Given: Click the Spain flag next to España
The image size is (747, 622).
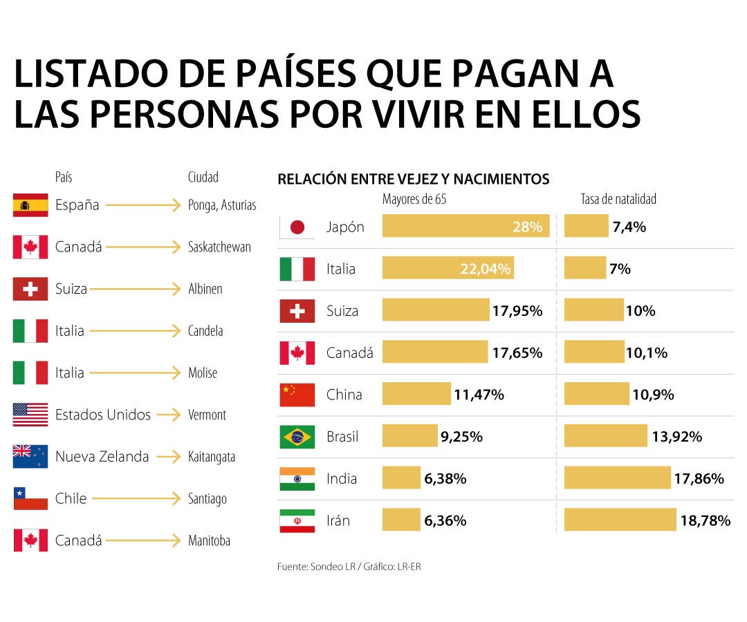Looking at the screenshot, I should pyautogui.click(x=30, y=205).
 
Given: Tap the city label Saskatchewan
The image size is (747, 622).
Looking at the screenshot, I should pyautogui.click(x=219, y=247).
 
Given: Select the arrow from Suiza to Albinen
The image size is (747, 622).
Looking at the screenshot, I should pyautogui.click(x=134, y=290).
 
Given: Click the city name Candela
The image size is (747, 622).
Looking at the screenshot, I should pyautogui.click(x=205, y=331).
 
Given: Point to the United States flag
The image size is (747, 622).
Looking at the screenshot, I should pyautogui.click(x=30, y=415).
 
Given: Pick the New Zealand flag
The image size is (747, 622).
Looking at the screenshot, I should pyautogui.click(x=30, y=457).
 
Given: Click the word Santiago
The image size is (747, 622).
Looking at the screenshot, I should pyautogui.click(x=207, y=499).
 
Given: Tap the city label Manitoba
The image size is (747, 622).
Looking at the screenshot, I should pyautogui.click(x=209, y=540).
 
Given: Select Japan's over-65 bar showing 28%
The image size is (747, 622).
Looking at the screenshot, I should pyautogui.click(x=465, y=227).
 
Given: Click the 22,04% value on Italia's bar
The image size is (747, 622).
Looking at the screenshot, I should pyautogui.click(x=486, y=269).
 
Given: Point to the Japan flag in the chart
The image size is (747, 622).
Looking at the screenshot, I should pyautogui.click(x=297, y=227).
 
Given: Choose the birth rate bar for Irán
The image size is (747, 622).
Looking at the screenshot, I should pyautogui.click(x=620, y=520).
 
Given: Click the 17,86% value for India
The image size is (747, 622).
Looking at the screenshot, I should pyautogui.click(x=699, y=478).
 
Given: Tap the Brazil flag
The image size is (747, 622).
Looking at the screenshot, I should pyautogui.click(x=297, y=437).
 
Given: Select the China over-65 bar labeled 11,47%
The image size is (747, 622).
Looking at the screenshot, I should pyautogui.click(x=416, y=395).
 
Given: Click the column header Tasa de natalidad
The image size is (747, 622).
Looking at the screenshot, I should pyautogui.click(x=618, y=200).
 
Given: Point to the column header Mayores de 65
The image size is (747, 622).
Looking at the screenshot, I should pyautogui.click(x=414, y=200).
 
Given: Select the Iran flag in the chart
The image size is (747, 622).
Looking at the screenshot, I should pyautogui.click(x=297, y=520).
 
